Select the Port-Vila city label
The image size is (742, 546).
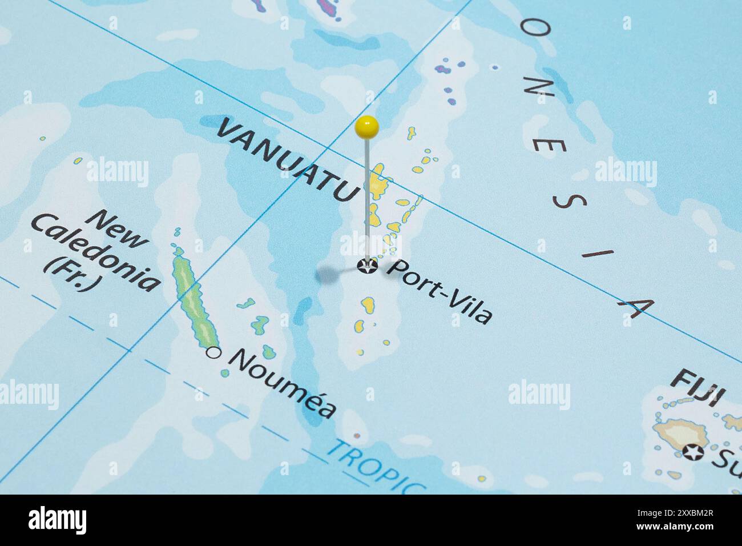[x=438, y=291]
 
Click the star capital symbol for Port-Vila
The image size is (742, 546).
[x=366, y=266]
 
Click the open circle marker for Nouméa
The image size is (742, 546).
[x=213, y=353]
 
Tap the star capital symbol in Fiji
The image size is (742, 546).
[x=692, y=452]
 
